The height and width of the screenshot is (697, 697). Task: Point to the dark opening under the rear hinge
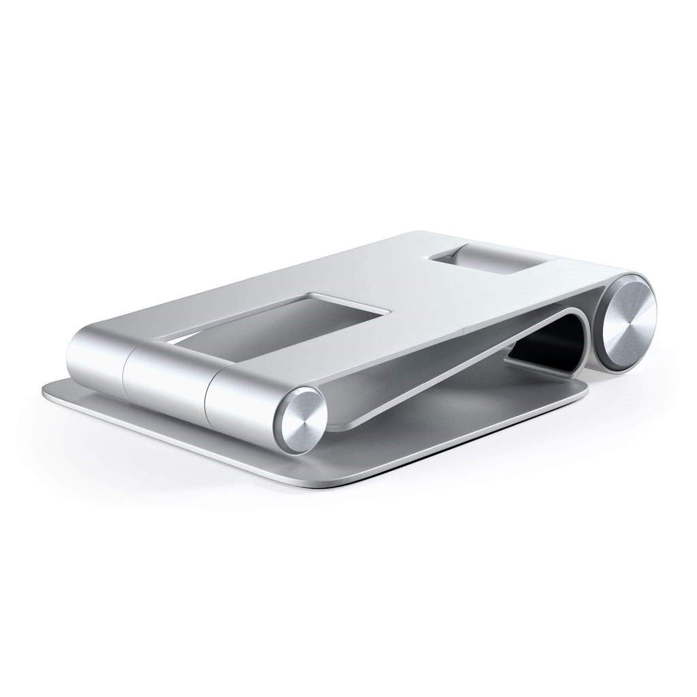pyautogui.click(x=545, y=347)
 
